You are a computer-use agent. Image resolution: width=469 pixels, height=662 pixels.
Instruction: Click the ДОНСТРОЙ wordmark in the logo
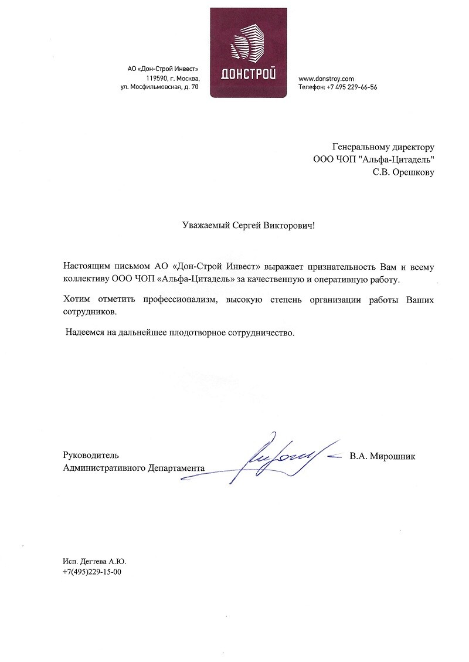tap(249, 74)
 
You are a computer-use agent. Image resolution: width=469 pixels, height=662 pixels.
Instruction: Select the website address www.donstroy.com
tap(327, 78)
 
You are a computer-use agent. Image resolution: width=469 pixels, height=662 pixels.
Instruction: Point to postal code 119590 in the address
tap(158, 78)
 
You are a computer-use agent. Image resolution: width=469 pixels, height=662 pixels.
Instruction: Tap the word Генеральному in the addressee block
tap(358, 147)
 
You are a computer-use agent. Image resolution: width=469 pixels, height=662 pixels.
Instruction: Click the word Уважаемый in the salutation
tap(200, 225)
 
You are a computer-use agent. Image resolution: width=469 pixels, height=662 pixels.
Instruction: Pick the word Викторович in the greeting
tap(290, 225)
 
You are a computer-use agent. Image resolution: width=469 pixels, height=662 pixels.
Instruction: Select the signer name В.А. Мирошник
tap(382, 456)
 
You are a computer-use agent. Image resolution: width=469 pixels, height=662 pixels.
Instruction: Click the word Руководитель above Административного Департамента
tap(91, 455)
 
